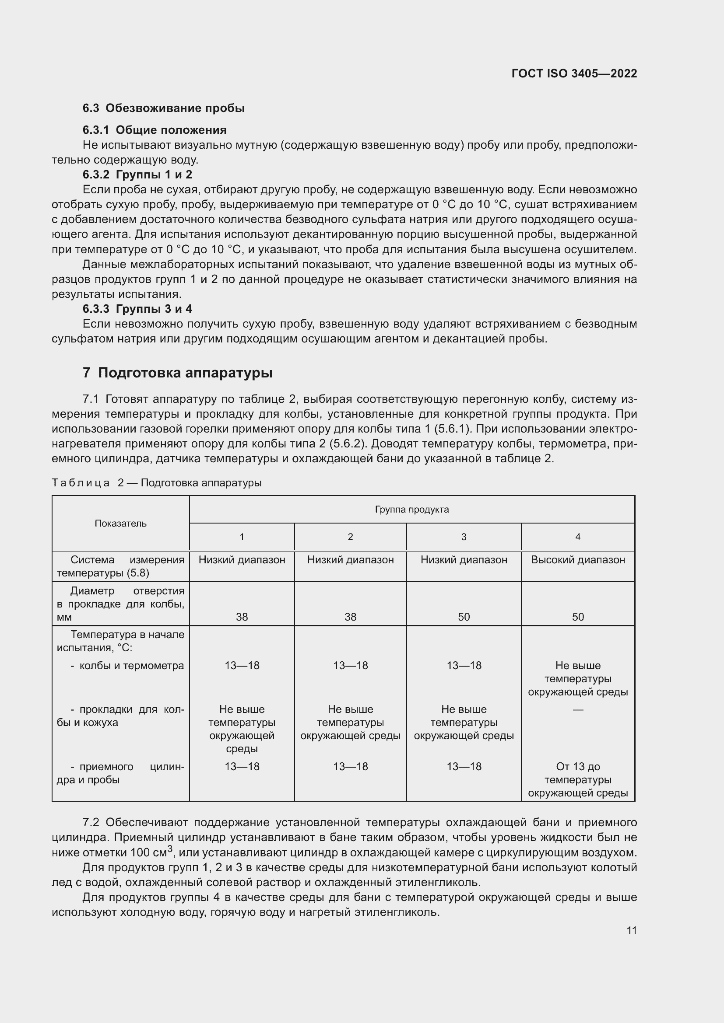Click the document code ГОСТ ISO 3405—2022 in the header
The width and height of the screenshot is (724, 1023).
click(x=574, y=73)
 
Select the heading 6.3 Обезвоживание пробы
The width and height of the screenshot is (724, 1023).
click(x=164, y=108)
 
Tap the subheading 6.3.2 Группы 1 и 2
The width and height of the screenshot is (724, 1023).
click(x=137, y=175)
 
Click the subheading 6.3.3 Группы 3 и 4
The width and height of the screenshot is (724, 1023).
click(x=137, y=309)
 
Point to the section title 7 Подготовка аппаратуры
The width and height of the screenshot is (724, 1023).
click(x=177, y=373)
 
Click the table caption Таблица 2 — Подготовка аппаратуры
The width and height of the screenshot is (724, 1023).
click(x=156, y=483)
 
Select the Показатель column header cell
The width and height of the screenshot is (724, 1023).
click(x=120, y=524)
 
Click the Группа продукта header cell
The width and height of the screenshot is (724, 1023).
click(x=411, y=510)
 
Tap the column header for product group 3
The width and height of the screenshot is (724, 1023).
click(x=464, y=537)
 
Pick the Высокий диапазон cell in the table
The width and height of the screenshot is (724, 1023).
click(x=578, y=560)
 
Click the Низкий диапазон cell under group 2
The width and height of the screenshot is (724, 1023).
click(x=351, y=560)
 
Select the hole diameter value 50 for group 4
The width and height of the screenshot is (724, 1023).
click(x=578, y=617)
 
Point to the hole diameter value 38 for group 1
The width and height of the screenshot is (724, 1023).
click(x=242, y=617)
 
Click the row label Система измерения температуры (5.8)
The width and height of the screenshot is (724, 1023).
click(x=120, y=566)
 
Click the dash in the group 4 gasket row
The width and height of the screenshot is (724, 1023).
click(x=578, y=709)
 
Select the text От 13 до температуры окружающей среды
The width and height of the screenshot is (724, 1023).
click(x=578, y=780)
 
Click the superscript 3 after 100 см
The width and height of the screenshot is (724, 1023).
click(x=170, y=848)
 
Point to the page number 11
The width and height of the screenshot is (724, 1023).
click(x=631, y=931)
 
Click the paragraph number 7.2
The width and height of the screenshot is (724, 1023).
click(x=91, y=823)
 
